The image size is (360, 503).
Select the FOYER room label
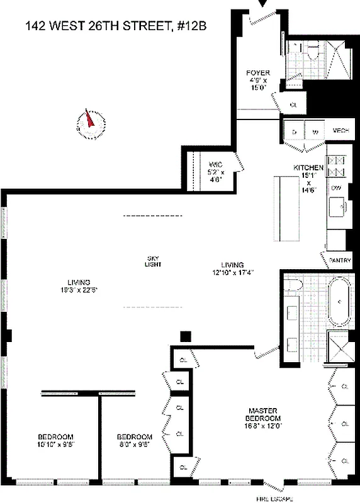(x=257, y=74)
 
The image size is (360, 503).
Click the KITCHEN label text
(x=308, y=168)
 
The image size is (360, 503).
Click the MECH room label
(x=340, y=130)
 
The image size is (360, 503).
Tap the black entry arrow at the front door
(x=263, y=4)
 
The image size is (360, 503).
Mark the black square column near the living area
(x=185, y=336)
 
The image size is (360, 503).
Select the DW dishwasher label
(x=336, y=187)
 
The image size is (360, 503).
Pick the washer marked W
(x=315, y=131)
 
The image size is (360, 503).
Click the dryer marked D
(x=294, y=131)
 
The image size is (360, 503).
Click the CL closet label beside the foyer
(x=293, y=104)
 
